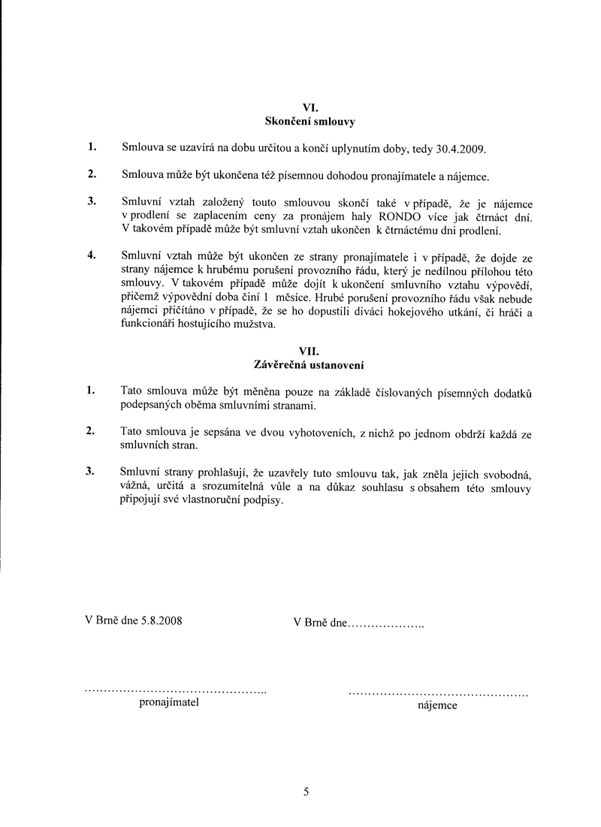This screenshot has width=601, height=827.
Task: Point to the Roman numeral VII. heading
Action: point(310,350)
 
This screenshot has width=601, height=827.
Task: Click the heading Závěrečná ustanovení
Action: point(310,364)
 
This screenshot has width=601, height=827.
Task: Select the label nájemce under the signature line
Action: point(436,705)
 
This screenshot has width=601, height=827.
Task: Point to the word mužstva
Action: point(255,325)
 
